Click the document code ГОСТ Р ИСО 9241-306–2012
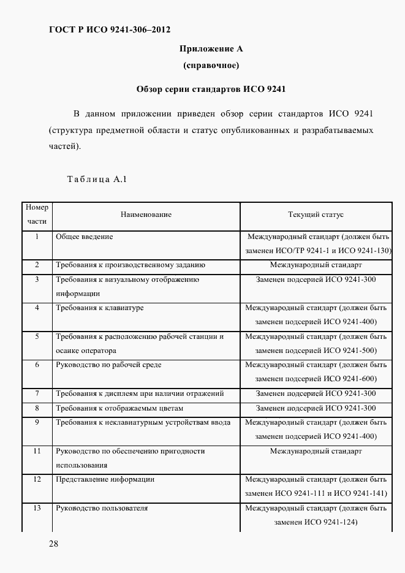click(109, 29)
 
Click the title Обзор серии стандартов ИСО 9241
click(211, 89)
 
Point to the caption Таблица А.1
click(96, 180)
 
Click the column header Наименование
click(146, 214)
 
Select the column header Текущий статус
click(316, 214)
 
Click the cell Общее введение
click(85, 236)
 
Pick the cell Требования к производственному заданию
click(131, 265)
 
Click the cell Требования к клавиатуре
click(100, 308)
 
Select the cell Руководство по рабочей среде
click(108, 365)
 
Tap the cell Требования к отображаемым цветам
click(119, 408)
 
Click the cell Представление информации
click(105, 479)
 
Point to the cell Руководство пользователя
click(102, 508)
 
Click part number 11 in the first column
click(37, 451)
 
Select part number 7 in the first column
click(37, 393)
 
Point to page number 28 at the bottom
click(53, 543)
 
